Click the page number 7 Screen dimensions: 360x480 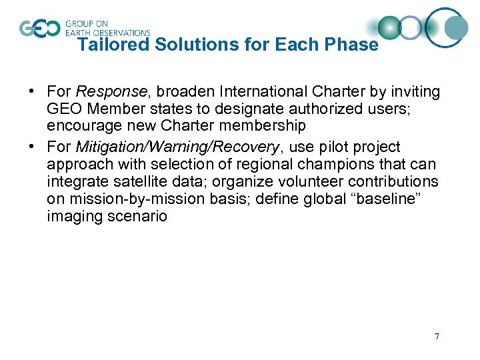[437, 337]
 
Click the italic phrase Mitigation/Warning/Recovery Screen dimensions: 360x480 [176, 147]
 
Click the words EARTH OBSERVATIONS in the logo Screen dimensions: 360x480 [108, 32]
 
